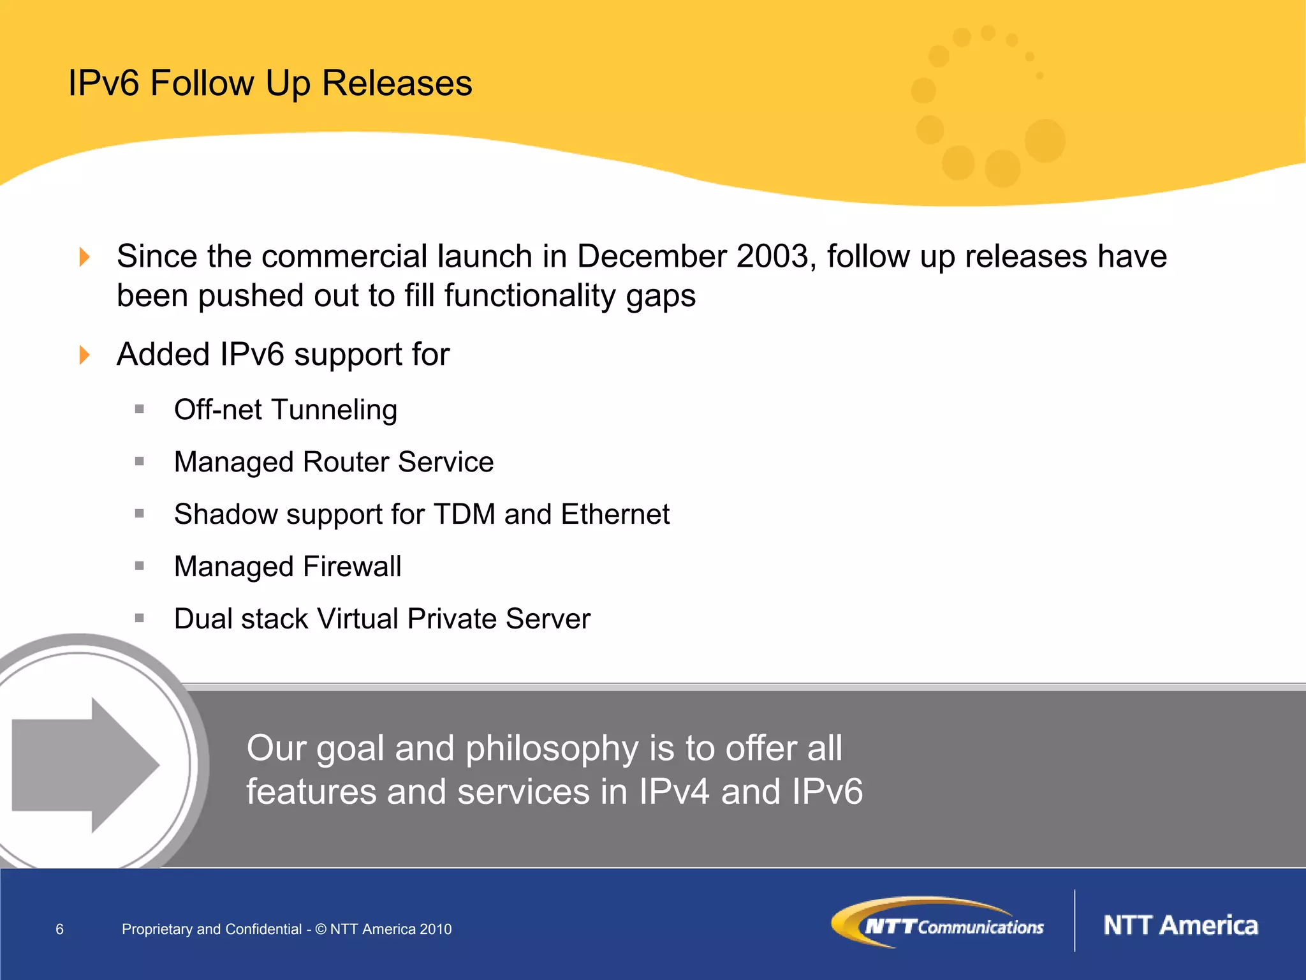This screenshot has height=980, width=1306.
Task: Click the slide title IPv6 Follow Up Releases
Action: pyautogui.click(x=270, y=84)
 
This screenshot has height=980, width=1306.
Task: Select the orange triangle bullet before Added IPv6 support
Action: pyautogui.click(x=84, y=355)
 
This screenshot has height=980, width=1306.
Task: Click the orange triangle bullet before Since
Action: pyautogui.click(x=84, y=257)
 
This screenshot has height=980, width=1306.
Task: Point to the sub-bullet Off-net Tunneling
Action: pyautogui.click(x=285, y=410)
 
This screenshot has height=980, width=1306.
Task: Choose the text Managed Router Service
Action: pyautogui.click(x=334, y=462)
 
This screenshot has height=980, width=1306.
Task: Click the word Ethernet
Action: pyautogui.click(x=615, y=514)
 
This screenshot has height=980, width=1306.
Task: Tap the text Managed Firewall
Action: pyautogui.click(x=288, y=567)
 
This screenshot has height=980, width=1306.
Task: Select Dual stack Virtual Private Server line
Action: pyautogui.click(x=382, y=619)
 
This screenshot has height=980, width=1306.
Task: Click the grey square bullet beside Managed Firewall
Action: pyautogui.click(x=140, y=566)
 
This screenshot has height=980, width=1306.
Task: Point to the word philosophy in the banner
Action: pyautogui.click(x=552, y=748)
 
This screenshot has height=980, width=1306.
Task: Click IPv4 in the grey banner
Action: pyautogui.click(x=673, y=792)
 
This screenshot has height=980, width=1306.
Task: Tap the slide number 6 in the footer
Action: pyautogui.click(x=60, y=930)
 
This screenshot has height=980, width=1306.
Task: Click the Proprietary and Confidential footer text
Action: pyautogui.click(x=286, y=930)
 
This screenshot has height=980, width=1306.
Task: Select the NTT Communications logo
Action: pyautogui.click(x=937, y=923)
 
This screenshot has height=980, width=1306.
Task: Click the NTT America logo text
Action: pyautogui.click(x=1180, y=926)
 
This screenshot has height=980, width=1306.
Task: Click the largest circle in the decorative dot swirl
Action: pyautogui.click(x=1045, y=140)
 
